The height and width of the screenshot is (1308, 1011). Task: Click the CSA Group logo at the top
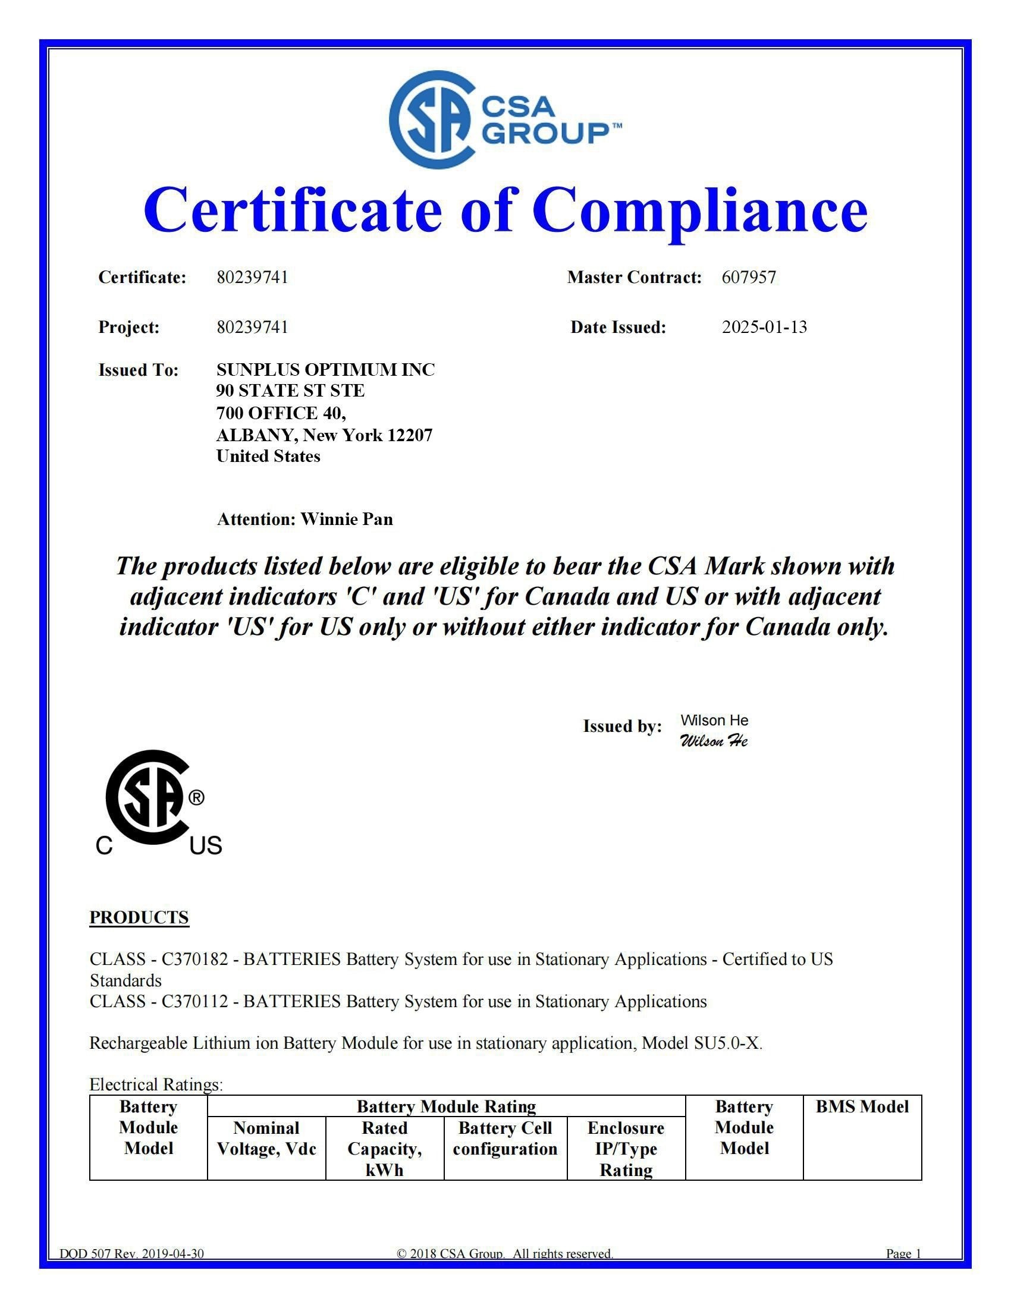click(x=505, y=120)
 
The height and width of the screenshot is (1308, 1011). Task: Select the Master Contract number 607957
click(x=749, y=277)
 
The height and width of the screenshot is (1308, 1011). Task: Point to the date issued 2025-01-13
click(x=764, y=327)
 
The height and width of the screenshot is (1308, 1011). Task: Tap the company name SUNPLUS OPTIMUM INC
click(x=325, y=370)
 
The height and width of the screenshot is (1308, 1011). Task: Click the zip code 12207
click(x=410, y=435)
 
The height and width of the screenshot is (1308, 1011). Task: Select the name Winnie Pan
click(x=347, y=518)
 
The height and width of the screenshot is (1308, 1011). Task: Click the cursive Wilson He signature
click(x=713, y=741)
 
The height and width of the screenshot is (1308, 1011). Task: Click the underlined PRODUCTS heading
click(x=139, y=917)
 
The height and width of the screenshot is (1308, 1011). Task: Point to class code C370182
click(x=194, y=959)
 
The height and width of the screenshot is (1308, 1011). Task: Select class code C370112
click(x=194, y=1001)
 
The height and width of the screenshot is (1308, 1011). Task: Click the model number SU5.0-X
click(x=727, y=1043)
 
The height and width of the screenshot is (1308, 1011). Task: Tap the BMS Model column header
click(x=862, y=1106)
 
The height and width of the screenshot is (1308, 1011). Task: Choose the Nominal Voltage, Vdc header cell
click(x=266, y=1138)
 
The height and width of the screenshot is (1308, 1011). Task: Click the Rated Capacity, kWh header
click(x=385, y=1148)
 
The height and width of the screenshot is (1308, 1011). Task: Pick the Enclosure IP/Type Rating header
click(x=626, y=1148)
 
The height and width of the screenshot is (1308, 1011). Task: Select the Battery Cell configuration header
click(x=505, y=1138)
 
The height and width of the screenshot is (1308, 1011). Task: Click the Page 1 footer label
click(x=903, y=1253)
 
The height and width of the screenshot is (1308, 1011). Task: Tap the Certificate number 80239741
click(x=252, y=277)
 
